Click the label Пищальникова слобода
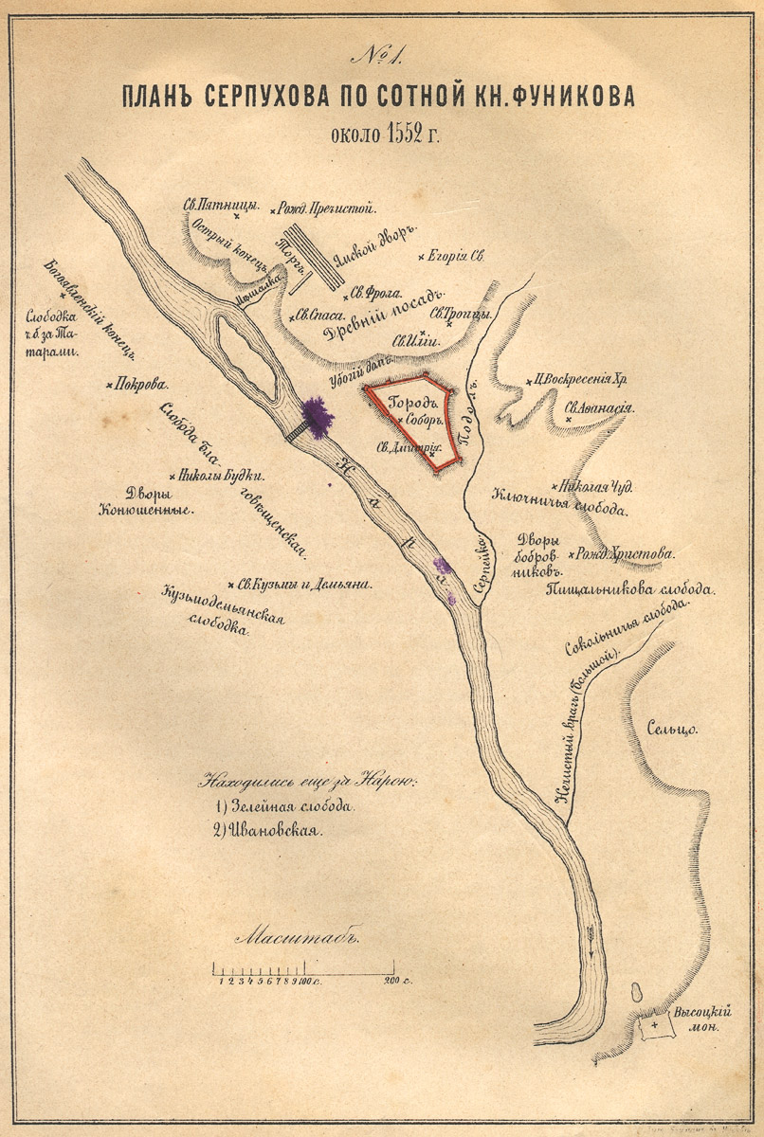click(x=629, y=589)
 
